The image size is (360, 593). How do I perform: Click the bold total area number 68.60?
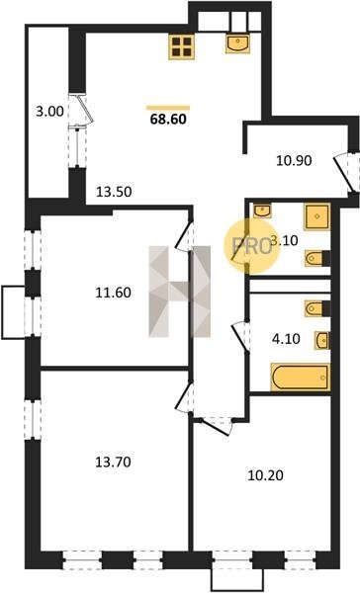pyautogui.click(x=168, y=120)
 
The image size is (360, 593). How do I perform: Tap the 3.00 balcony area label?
pyautogui.click(x=49, y=112)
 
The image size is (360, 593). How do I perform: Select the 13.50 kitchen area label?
pyautogui.click(x=114, y=192)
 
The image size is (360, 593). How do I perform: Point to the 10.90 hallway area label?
pyautogui.click(x=294, y=160)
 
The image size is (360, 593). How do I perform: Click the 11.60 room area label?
pyautogui.click(x=113, y=293)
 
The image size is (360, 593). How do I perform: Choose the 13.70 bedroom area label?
pyautogui.click(x=113, y=462)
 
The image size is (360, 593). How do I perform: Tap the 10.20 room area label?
pyautogui.click(x=265, y=475)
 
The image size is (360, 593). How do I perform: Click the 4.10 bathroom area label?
pyautogui.click(x=286, y=339)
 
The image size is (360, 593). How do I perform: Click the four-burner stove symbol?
pyautogui.click(x=182, y=46)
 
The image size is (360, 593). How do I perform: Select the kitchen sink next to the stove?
pyautogui.click(x=238, y=43)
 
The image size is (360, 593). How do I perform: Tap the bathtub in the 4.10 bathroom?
pyautogui.click(x=301, y=378)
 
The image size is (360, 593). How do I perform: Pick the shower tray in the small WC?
pyautogui.click(x=316, y=216)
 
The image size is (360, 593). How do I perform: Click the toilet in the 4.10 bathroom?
pyautogui.click(x=317, y=308)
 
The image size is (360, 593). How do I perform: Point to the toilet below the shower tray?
pyautogui.click(x=317, y=258)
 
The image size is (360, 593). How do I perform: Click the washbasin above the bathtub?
pyautogui.click(x=322, y=340)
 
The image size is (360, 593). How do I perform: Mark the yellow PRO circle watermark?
pyautogui.click(x=252, y=246)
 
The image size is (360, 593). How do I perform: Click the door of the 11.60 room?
pyautogui.click(x=184, y=236)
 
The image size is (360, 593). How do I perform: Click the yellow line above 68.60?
pyautogui.click(x=168, y=108)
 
